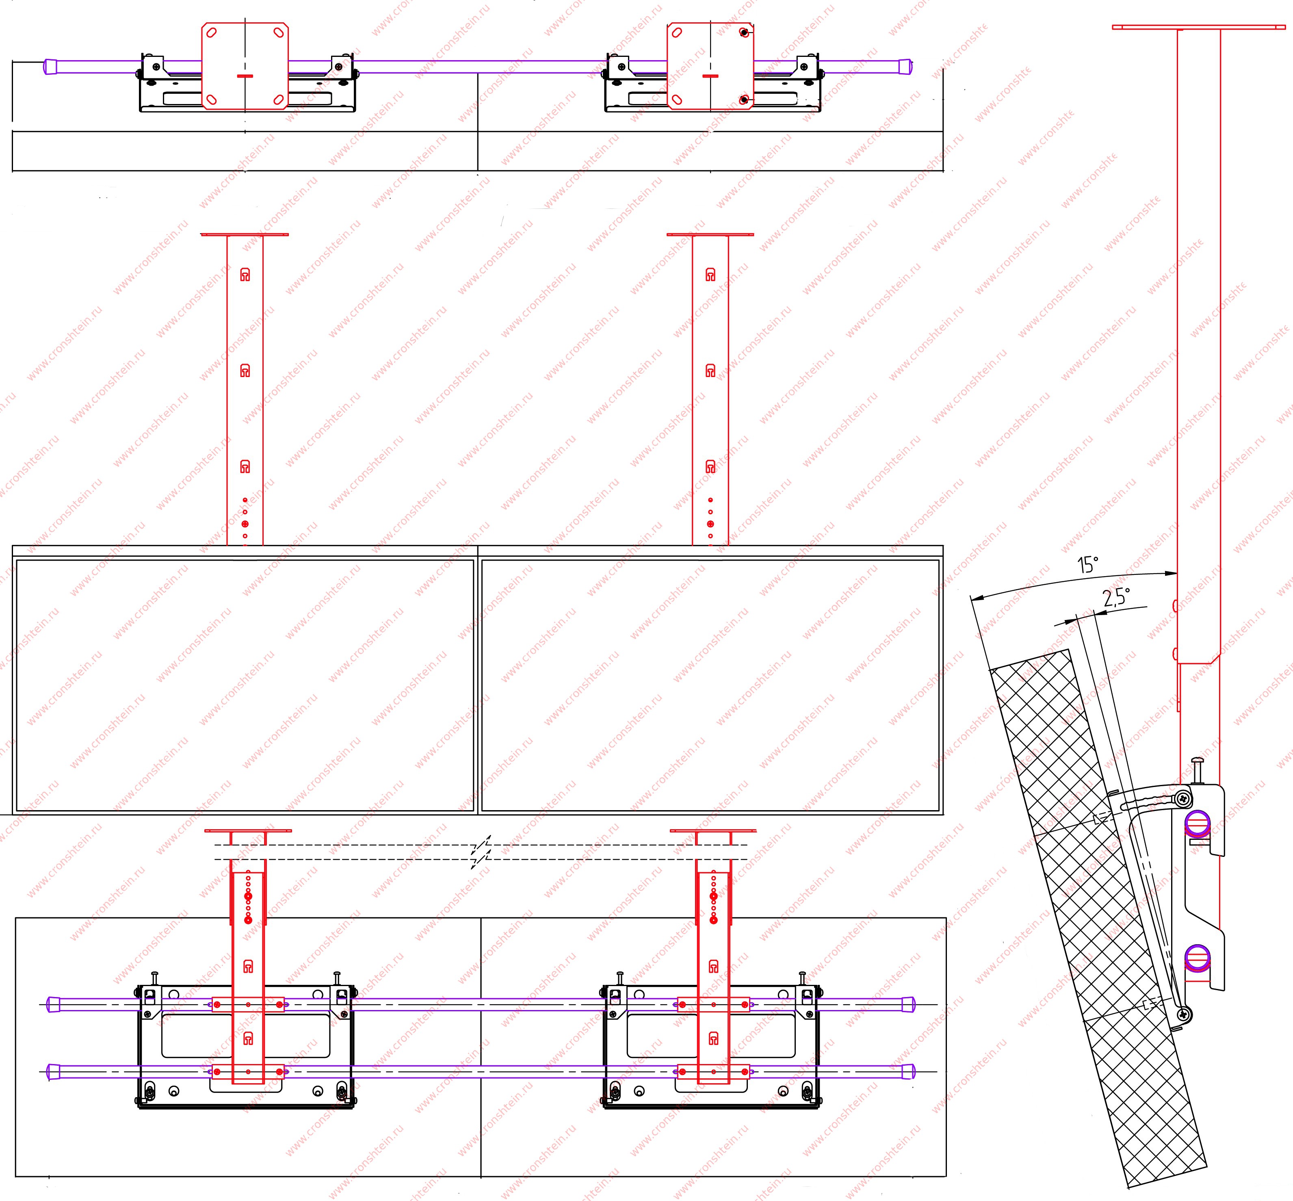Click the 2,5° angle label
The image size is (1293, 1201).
click(x=1116, y=597)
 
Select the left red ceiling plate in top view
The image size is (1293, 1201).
click(x=245, y=66)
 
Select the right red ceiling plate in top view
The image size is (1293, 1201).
click(x=711, y=66)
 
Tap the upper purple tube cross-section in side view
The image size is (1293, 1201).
click(x=1197, y=824)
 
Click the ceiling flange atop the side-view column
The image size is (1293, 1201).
click(x=1199, y=27)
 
